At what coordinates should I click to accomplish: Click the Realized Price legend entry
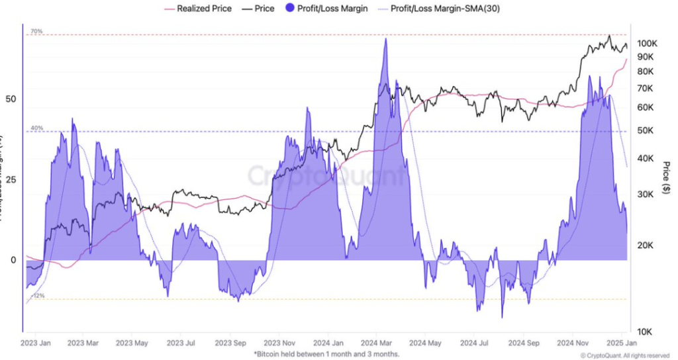[x=203, y=9]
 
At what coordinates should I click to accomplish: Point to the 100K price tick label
[x=647, y=44]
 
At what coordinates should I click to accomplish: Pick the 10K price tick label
[x=645, y=331]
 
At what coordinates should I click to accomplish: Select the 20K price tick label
[x=645, y=246]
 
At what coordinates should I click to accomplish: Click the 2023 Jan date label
[x=37, y=343]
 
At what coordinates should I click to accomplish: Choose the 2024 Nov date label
[x=573, y=343]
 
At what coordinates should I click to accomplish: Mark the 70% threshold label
[x=36, y=32]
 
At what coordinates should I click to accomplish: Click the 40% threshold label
[x=36, y=128]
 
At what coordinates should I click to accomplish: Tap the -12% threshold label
[x=38, y=296]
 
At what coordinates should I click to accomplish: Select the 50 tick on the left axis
[x=11, y=99]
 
